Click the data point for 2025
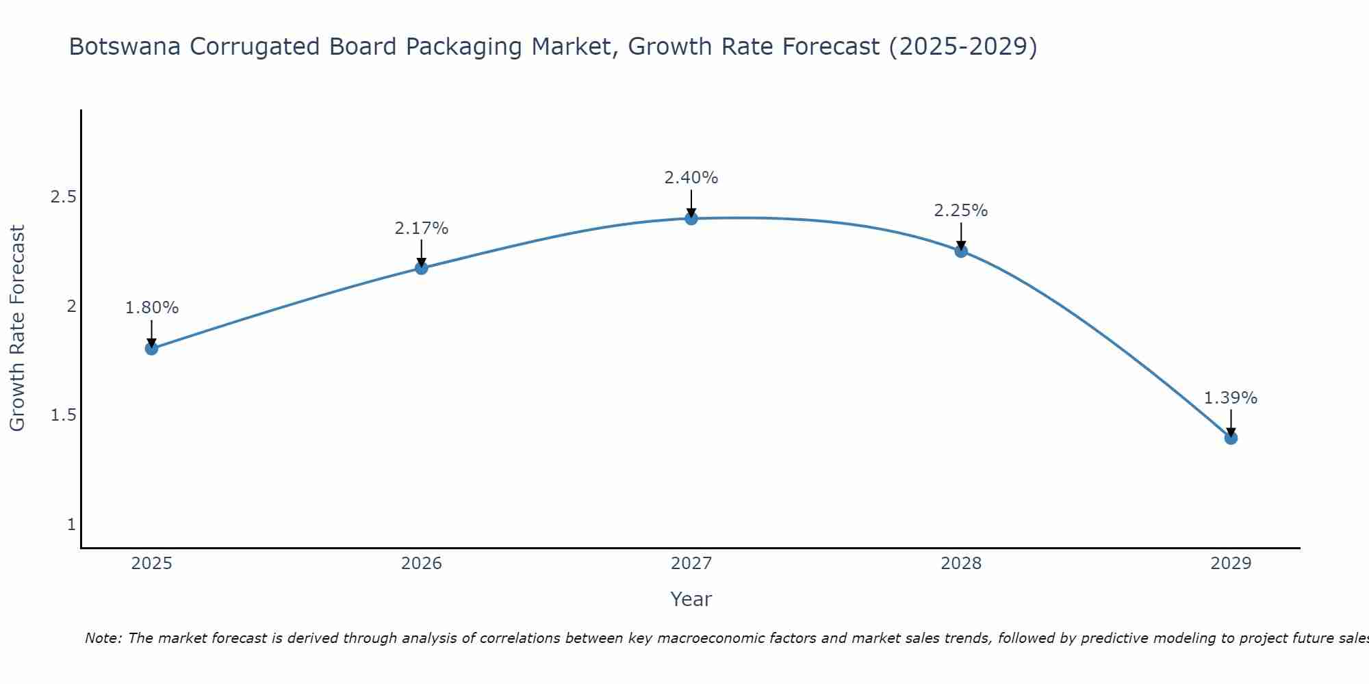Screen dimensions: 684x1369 point(151,349)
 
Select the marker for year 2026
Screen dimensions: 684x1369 point(422,268)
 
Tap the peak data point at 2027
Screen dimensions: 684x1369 point(691,218)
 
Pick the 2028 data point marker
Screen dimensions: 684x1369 point(961,251)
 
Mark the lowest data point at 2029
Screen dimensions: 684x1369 point(1231,438)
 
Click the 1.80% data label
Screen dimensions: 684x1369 point(151,308)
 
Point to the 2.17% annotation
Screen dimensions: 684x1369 point(422,228)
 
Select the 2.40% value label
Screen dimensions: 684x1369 point(691,178)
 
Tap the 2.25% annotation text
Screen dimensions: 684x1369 point(961,211)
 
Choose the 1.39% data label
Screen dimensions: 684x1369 point(1231,398)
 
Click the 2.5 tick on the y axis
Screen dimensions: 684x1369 point(63,197)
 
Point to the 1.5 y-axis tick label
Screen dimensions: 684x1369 point(63,416)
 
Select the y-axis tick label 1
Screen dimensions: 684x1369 point(71,525)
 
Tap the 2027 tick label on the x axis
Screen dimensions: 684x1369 point(691,564)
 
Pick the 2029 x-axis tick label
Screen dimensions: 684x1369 point(1231,564)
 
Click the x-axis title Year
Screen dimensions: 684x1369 point(691,599)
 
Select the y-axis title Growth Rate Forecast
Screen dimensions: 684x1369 point(17,328)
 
